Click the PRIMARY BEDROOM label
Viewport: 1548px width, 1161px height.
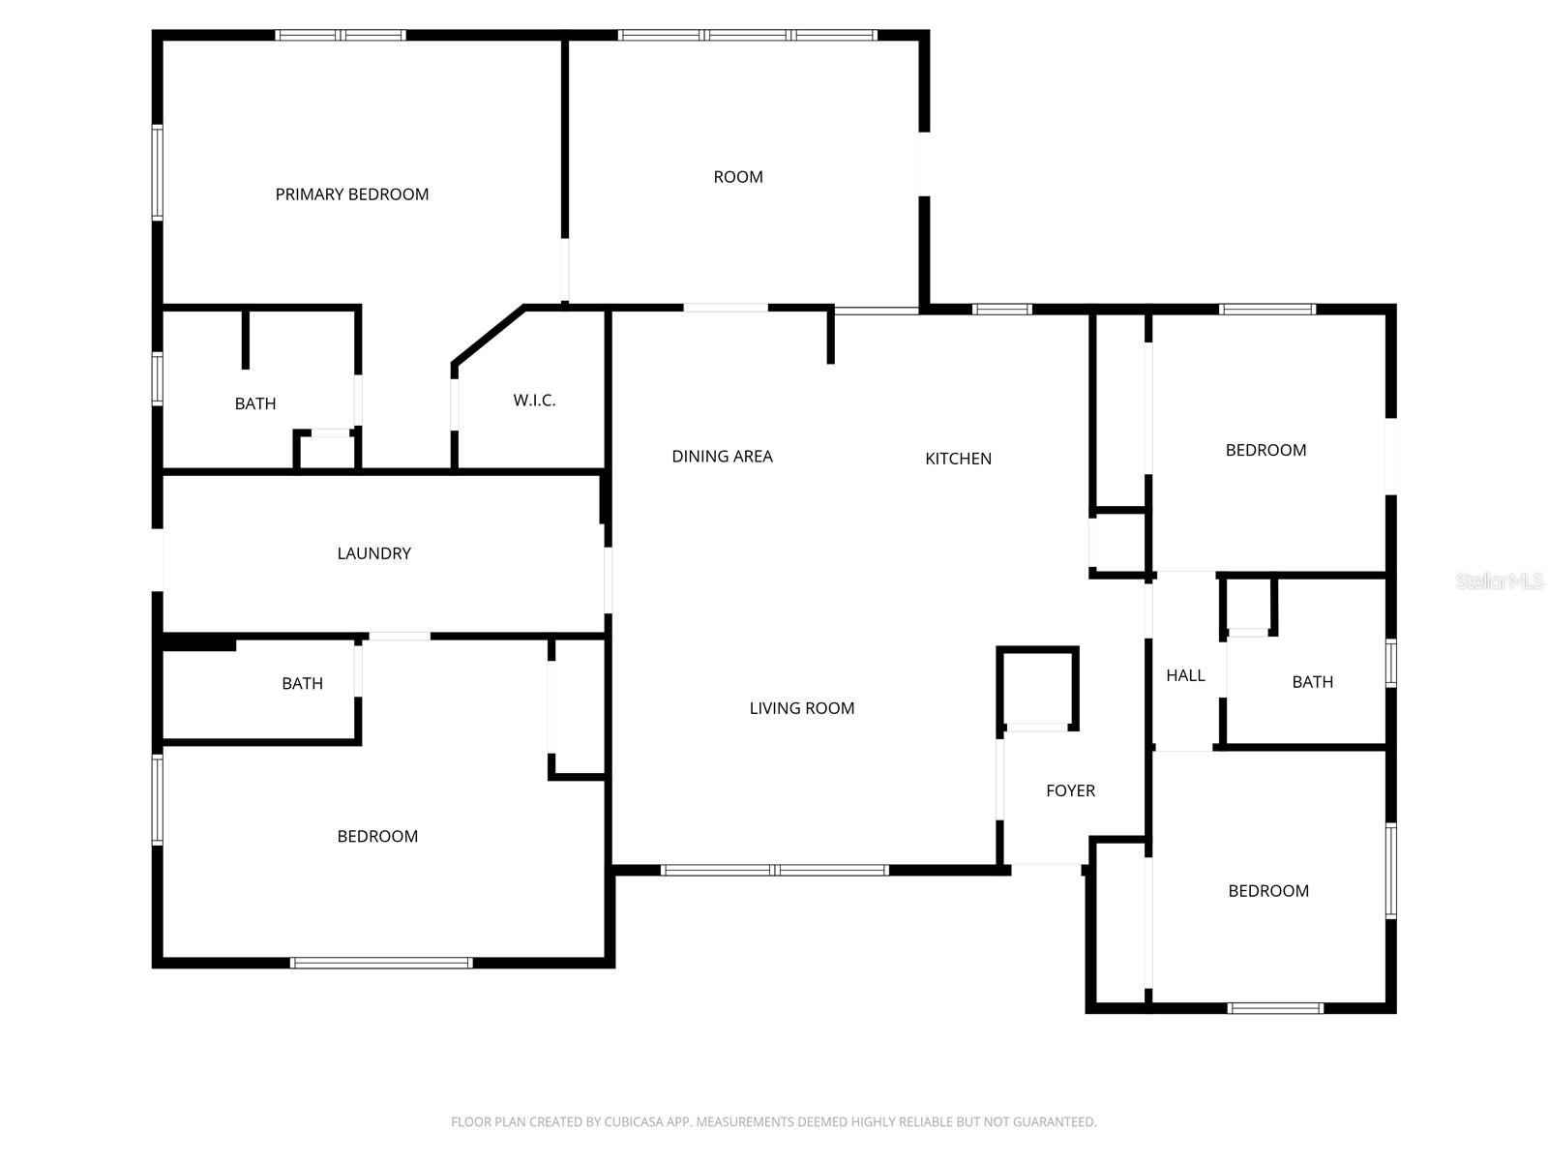pyautogui.click(x=351, y=193)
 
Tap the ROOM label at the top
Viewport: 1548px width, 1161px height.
pyautogui.click(x=737, y=177)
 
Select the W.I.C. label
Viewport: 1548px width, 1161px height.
pyautogui.click(x=534, y=401)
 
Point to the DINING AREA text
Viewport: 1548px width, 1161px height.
pyautogui.click(x=722, y=456)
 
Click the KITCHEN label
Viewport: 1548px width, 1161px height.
pyautogui.click(x=958, y=459)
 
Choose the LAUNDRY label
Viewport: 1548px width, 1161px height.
pyautogui.click(x=373, y=553)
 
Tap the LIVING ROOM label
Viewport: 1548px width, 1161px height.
pyautogui.click(x=801, y=708)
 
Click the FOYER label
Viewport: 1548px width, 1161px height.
pyautogui.click(x=1070, y=790)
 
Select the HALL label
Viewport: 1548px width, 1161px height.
pyautogui.click(x=1185, y=675)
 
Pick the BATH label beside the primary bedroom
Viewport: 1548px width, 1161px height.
pyautogui.click(x=254, y=403)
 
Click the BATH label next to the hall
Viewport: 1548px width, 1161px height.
pyautogui.click(x=1312, y=682)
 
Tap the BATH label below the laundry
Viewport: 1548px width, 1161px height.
pyautogui.click(x=302, y=683)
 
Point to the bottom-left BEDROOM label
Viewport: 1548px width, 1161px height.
pyautogui.click(x=377, y=836)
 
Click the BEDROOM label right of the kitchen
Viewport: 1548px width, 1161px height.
pyautogui.click(x=1265, y=450)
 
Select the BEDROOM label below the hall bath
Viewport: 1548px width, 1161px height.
pyautogui.click(x=1268, y=890)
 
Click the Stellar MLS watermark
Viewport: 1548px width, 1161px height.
pyautogui.click(x=1500, y=580)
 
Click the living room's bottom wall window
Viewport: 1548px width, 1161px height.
pyautogui.click(x=774, y=870)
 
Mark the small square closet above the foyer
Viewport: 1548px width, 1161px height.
pyautogui.click(x=1037, y=688)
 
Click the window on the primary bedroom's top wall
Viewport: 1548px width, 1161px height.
pyautogui.click(x=340, y=35)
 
